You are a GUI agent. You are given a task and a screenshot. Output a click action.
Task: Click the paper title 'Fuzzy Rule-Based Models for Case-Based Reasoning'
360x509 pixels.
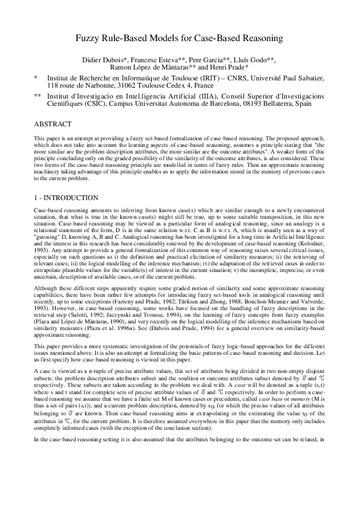[x=179, y=39]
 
